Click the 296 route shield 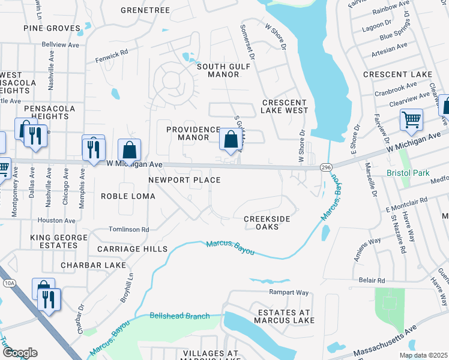[325, 167]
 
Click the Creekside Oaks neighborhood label [267, 223]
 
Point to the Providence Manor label [193, 133]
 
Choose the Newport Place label [184, 180]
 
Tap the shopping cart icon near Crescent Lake [411, 119]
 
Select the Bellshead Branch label [179, 316]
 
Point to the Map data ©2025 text [423, 355]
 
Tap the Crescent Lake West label [285, 106]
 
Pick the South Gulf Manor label [218, 70]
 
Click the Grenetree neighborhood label [145, 10]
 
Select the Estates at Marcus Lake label [286, 316]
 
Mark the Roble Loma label [128, 196]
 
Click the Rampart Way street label [289, 293]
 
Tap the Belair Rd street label [372, 281]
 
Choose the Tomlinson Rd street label [128, 229]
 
